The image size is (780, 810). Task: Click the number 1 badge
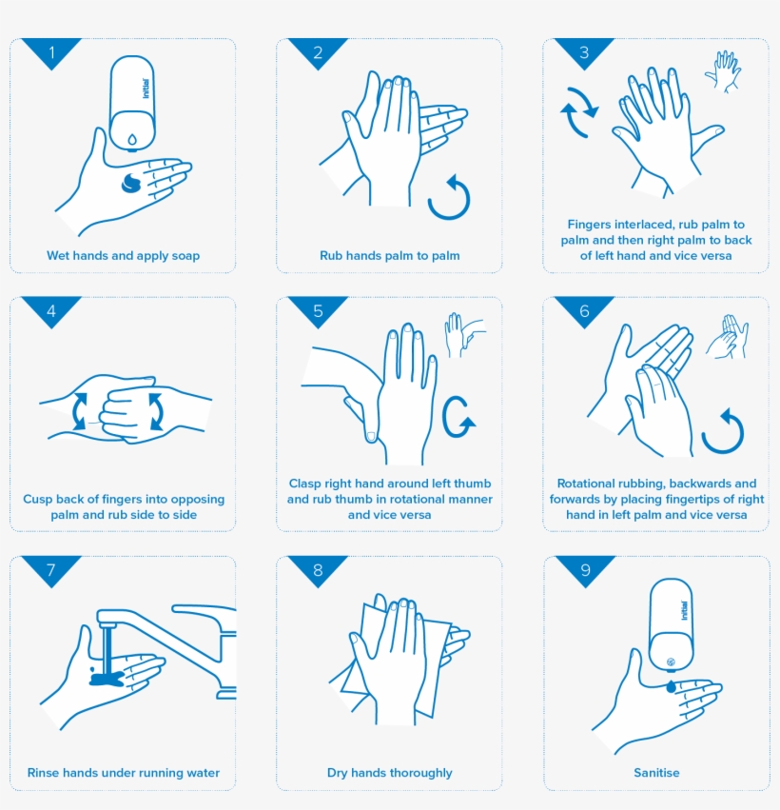coord(51,51)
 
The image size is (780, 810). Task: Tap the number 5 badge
coord(318,310)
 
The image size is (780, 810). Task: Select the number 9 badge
coord(584,569)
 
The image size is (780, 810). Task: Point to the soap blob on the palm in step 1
coord(131,184)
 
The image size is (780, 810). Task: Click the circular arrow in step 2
coord(449,197)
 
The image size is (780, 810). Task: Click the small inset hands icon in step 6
coord(727,337)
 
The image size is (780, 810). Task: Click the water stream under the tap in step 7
coord(106,647)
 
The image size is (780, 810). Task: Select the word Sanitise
coord(656,773)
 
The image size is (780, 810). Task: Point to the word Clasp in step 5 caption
coord(306,484)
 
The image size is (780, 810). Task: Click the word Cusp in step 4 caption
coord(39,499)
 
